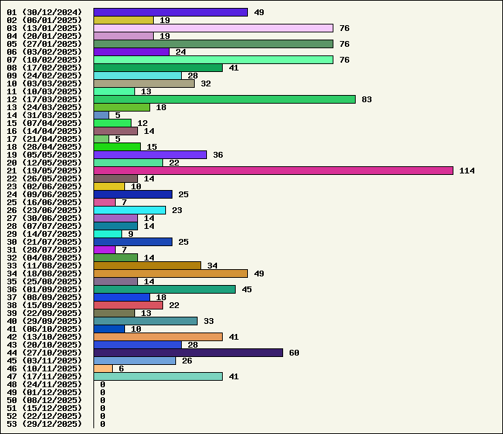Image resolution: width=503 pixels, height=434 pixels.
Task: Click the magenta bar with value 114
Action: pos(273,171)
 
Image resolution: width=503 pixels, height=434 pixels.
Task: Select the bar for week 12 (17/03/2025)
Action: pos(224,99)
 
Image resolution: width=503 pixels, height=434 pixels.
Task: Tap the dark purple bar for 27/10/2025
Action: pos(188,353)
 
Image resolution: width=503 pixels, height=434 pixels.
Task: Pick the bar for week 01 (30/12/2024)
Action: pos(170,12)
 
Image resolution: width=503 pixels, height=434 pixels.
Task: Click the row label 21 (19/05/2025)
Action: pos(44,171)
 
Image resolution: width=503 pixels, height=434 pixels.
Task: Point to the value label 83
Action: pos(366,99)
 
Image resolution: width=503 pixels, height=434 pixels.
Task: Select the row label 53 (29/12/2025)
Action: pos(44,424)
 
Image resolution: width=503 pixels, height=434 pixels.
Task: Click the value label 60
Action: pos(294,353)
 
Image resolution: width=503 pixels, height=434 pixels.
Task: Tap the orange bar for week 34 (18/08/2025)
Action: pos(170,273)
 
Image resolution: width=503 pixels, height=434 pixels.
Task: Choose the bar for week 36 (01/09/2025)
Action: pos(165,289)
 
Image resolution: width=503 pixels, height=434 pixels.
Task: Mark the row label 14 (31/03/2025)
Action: pos(44,115)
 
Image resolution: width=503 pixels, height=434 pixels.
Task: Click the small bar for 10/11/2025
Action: pos(103,369)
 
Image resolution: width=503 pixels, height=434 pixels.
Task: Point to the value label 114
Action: pos(467,171)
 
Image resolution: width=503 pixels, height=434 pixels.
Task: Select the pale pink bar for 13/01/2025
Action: pos(213,28)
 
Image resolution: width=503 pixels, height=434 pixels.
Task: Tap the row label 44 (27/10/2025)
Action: pos(44,353)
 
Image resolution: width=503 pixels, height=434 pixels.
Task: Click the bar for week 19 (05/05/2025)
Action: pos(150,155)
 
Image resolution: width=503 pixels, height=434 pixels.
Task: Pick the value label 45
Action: pos(246,289)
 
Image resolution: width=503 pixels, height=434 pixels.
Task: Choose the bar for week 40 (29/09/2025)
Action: pos(145,321)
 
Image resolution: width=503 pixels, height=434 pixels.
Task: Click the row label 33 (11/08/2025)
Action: pos(44,266)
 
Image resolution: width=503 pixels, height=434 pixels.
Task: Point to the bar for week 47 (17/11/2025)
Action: pos(158,376)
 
